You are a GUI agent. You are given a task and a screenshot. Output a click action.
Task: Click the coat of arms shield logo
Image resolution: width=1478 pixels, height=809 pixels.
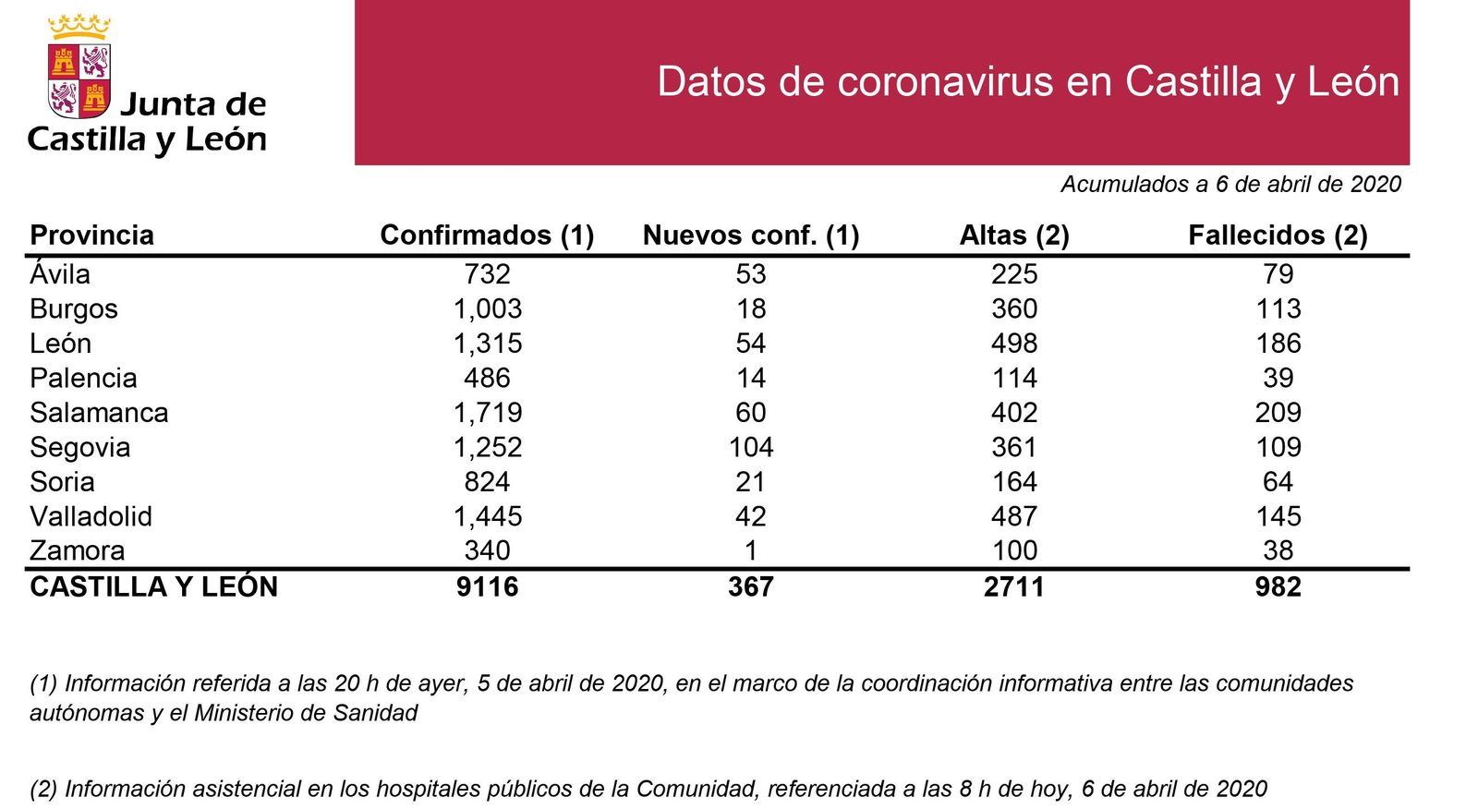(x=79, y=79)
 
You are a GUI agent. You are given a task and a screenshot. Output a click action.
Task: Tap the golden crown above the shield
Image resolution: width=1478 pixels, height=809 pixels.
(x=79, y=27)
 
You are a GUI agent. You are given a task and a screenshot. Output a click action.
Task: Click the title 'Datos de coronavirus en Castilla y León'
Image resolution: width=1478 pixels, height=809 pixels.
(x=1027, y=81)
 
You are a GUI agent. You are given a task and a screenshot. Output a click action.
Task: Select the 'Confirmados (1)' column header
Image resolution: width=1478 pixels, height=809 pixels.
(x=487, y=235)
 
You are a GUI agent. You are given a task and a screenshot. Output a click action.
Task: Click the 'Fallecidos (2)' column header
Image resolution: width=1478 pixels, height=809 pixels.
(x=1278, y=235)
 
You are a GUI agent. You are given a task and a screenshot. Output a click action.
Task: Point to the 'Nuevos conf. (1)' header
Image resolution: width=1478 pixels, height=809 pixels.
(x=751, y=235)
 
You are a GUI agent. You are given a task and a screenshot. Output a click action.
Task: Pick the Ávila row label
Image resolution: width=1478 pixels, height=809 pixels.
(x=60, y=274)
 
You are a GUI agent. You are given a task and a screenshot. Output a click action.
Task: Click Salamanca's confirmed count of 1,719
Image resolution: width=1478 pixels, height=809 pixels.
(x=487, y=413)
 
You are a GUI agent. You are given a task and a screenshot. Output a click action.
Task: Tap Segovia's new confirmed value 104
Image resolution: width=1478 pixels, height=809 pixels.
(x=751, y=447)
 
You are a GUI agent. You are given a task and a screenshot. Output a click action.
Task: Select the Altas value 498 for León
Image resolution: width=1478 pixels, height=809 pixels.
(x=1014, y=344)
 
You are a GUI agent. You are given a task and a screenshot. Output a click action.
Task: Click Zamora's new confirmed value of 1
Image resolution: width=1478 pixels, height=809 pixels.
(x=751, y=550)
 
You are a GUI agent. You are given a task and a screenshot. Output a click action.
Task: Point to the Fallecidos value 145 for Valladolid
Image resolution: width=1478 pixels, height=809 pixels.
(x=1278, y=516)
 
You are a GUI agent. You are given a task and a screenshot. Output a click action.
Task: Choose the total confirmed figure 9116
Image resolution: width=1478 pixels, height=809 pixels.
(x=487, y=586)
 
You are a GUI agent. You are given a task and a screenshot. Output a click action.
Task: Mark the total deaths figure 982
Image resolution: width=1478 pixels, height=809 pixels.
(x=1278, y=586)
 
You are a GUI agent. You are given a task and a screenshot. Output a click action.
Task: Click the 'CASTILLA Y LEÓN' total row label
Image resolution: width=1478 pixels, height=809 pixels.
(x=153, y=586)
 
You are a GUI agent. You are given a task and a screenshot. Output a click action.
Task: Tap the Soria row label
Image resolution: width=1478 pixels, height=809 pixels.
(x=62, y=482)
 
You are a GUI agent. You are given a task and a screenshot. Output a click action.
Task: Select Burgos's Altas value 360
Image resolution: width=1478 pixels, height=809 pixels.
(x=1014, y=308)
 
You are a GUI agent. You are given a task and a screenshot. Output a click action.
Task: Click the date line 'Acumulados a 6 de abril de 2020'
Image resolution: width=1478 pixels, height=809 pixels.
(x=1230, y=185)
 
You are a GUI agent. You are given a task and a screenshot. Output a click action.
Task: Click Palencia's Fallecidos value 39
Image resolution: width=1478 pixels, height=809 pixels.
(x=1278, y=378)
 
